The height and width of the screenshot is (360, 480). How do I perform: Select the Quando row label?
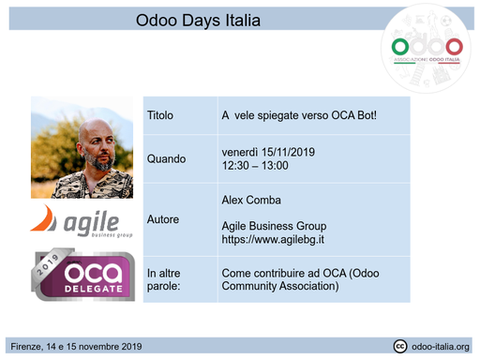coord(167,158)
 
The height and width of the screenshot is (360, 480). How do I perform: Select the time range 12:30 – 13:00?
coord(254,166)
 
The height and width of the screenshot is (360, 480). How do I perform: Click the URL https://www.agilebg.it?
coord(273,240)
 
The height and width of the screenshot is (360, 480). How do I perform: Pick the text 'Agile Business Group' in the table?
coord(274,226)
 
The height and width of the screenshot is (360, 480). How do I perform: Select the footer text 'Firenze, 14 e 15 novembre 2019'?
coord(75,347)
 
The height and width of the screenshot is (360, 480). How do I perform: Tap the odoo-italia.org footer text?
coord(441,347)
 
